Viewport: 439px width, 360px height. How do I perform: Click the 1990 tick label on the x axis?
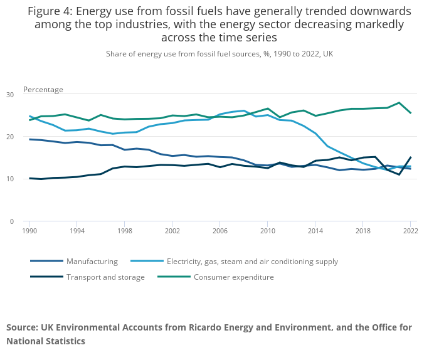click(28, 231)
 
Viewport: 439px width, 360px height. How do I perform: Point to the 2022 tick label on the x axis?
click(410, 231)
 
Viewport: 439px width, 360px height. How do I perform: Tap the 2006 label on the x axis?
click(219, 231)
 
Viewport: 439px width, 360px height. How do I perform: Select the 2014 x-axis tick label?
click(315, 231)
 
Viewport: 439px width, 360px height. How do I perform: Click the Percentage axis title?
click(43, 90)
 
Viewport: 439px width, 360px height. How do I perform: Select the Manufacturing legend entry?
click(92, 262)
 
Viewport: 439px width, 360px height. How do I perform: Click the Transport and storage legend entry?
click(105, 277)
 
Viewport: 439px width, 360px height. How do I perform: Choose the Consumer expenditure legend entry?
click(233, 277)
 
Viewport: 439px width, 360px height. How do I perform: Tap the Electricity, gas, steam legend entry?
click(252, 262)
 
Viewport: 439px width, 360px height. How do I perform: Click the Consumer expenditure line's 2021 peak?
click(399, 103)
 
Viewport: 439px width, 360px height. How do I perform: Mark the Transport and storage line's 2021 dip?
click(399, 174)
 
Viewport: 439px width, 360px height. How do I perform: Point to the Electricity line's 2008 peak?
click(243, 111)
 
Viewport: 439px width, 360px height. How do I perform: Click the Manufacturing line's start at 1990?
click(29, 139)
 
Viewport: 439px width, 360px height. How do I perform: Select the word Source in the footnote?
click(22, 327)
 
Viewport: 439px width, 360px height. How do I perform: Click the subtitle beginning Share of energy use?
click(219, 54)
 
